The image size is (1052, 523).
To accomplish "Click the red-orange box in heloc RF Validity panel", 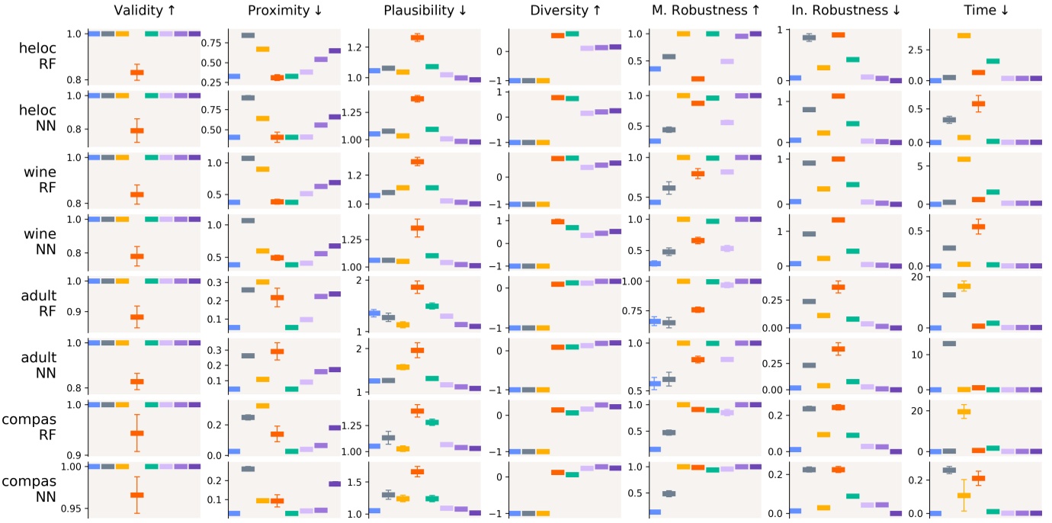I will click(137, 72).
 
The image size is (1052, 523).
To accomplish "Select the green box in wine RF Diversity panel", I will click(572, 158).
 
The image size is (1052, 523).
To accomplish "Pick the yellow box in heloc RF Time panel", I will click(964, 35).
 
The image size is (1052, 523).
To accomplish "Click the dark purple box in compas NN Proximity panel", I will click(335, 483).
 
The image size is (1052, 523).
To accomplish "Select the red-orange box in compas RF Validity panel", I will click(137, 433).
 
